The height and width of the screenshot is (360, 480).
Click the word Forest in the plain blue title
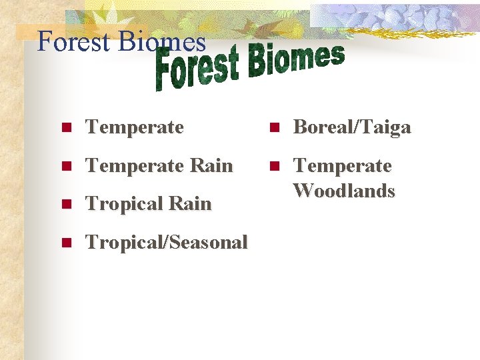point(74,41)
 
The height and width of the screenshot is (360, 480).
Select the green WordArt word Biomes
point(296,59)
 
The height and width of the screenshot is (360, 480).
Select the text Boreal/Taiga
point(352,127)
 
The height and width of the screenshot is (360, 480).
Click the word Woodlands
point(344,191)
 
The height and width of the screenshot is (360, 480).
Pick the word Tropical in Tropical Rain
point(125,204)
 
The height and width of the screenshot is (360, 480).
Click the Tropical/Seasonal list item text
point(167,242)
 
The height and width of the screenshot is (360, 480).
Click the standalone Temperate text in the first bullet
point(135,127)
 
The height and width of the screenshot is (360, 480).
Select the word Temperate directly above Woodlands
point(343,165)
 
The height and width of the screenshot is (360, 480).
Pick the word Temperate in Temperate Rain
point(135,165)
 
